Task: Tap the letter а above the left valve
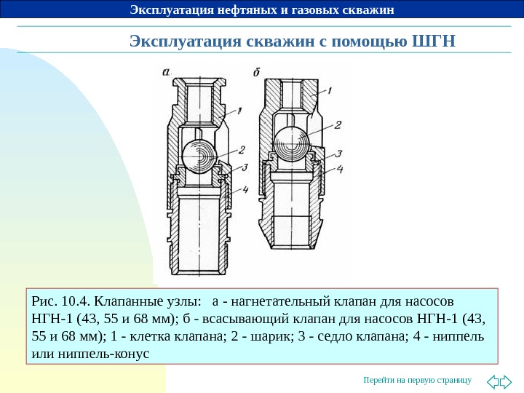167,72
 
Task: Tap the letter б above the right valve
258,72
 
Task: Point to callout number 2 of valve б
338,124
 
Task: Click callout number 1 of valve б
329,91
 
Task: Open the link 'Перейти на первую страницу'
417,381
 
